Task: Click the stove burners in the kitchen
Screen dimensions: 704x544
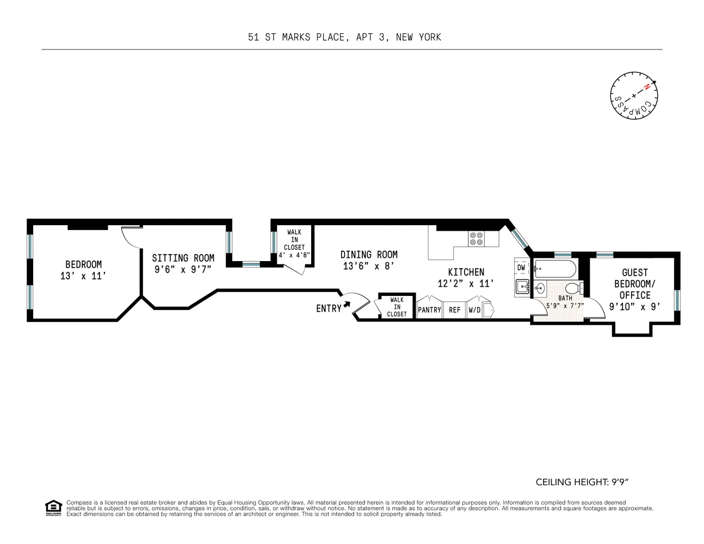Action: coord(476,239)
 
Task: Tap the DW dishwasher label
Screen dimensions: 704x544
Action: coord(521,268)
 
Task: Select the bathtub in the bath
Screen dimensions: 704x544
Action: coord(554,268)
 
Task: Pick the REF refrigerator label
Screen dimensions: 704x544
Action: coord(454,310)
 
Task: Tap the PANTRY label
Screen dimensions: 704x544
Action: coord(429,310)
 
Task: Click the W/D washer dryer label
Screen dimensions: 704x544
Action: coord(474,310)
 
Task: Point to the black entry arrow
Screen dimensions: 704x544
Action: coord(347,305)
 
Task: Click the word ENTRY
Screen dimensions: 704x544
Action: coord(329,308)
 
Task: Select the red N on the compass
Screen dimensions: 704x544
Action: coord(647,87)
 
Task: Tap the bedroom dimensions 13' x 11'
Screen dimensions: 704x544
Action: coord(83,276)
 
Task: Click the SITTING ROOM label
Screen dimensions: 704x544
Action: coord(183,258)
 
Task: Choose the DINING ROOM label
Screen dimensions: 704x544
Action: coord(369,255)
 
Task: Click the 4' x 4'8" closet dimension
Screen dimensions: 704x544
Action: coord(294,255)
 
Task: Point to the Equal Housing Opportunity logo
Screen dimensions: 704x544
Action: coord(53,508)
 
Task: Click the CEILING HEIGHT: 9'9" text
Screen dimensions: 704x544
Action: coord(582,482)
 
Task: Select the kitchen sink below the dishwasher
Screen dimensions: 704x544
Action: coord(522,287)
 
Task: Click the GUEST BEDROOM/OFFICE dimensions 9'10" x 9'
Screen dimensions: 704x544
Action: coord(634,307)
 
